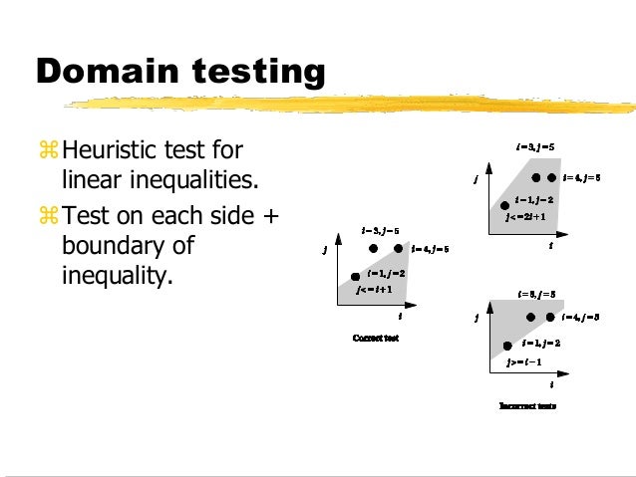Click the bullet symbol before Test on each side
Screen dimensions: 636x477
tap(50, 215)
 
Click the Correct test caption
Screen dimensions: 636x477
tap(376, 338)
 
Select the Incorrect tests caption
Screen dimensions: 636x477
tap(527, 406)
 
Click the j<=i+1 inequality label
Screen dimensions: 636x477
tap(375, 289)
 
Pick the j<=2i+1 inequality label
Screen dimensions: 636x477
tap(525, 215)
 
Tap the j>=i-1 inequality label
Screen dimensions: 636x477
tap(523, 361)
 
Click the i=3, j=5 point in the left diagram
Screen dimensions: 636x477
tap(374, 248)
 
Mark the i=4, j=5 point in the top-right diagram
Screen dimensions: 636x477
tap(549, 177)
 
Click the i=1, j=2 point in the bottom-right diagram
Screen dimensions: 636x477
tap(506, 344)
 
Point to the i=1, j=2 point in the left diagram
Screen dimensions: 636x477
tap(356, 276)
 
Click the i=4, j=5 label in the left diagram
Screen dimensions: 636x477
tap(430, 249)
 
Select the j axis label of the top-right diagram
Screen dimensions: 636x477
tap(476, 180)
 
